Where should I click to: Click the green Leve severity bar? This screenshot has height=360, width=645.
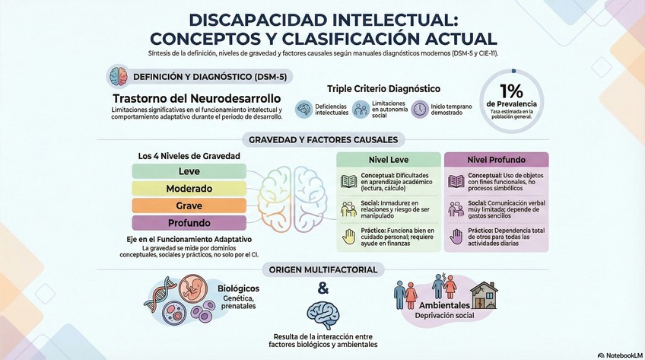189,171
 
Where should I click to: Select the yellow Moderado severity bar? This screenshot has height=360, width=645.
189,188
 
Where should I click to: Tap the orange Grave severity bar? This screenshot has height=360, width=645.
189,205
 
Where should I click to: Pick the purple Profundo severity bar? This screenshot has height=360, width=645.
189,223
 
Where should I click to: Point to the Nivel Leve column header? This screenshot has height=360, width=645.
389,161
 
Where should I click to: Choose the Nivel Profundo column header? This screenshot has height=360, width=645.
496,161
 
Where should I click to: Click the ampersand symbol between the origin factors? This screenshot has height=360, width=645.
322,288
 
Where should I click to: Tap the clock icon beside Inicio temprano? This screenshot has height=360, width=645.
420,110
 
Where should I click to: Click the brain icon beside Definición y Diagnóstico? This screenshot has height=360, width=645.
118,78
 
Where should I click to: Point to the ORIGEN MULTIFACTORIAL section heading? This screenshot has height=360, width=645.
322,269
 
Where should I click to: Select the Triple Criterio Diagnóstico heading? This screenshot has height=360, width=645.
383,89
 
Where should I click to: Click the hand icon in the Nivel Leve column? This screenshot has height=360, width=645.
348,236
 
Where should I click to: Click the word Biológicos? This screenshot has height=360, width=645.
238,289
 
